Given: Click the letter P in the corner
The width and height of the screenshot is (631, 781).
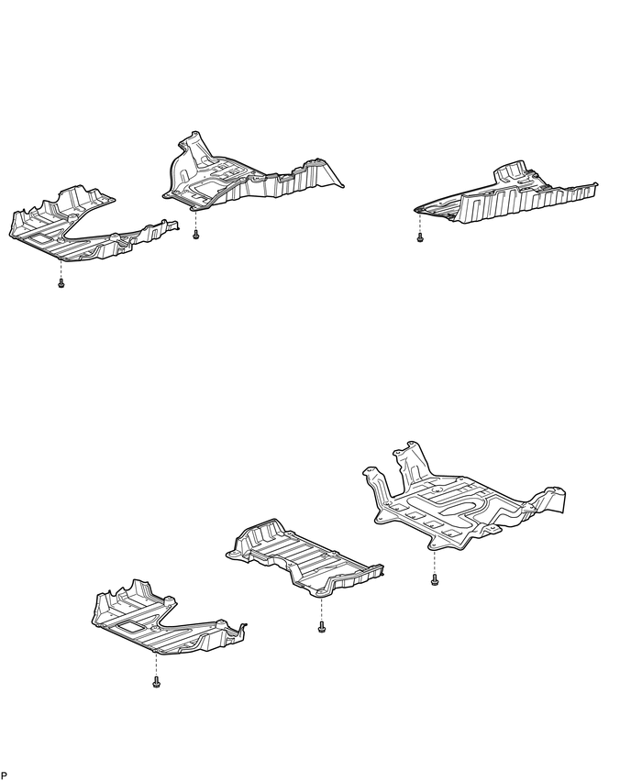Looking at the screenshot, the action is point(5,775).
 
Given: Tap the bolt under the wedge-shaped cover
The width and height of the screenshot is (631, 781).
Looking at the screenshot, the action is point(420,238).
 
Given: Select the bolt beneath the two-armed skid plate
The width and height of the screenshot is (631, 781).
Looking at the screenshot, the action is point(436,579).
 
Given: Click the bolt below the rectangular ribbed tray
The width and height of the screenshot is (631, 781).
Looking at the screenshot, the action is point(321,628).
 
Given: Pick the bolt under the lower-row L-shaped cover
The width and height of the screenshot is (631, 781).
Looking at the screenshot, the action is point(157,683).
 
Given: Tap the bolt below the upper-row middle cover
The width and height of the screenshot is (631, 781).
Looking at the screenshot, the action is point(196,236).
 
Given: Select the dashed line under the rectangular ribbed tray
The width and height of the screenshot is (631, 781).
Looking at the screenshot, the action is point(321,609).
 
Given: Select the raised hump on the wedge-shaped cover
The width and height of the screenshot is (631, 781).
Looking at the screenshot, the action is point(512,174).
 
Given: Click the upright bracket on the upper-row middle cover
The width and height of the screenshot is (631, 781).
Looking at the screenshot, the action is point(190,147).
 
